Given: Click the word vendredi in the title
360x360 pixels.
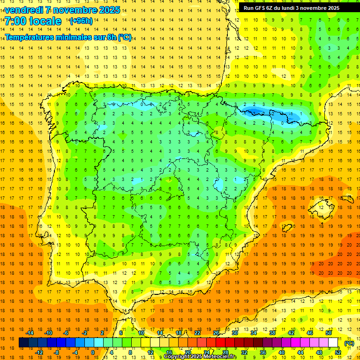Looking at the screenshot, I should point(25,10).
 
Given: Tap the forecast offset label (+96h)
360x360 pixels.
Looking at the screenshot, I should point(81,21).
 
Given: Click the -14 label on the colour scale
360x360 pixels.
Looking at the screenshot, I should point(29,333).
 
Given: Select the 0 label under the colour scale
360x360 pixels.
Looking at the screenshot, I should point(93,352).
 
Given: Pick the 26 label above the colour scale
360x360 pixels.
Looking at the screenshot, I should point(216,333).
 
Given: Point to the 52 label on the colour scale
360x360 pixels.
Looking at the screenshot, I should point(338,352).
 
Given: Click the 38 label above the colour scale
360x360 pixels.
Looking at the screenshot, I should point(272,333).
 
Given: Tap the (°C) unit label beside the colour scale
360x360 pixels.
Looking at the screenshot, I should point(349,343).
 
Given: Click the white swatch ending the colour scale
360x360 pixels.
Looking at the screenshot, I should point(333,343).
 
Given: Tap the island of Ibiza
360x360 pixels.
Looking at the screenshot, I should point(287,228).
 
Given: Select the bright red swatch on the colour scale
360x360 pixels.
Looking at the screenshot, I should point(220,343).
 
